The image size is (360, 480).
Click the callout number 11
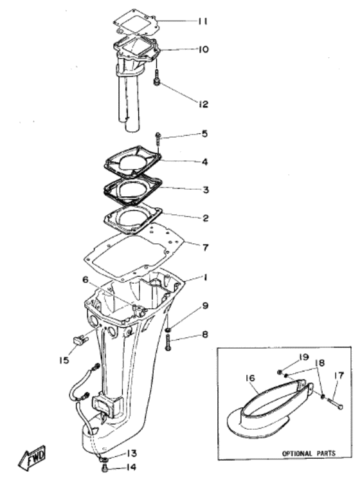coord(203,22)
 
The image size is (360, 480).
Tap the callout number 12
coord(203,103)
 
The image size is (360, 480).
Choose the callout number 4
coord(204,162)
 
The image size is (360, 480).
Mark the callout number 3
coord(204,190)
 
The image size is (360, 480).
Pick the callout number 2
coord(204,218)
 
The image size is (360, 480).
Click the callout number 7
coord(204,247)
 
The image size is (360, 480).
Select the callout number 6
coord(84,279)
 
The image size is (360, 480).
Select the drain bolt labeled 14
coord(104,468)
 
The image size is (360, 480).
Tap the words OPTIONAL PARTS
coord(309,454)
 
